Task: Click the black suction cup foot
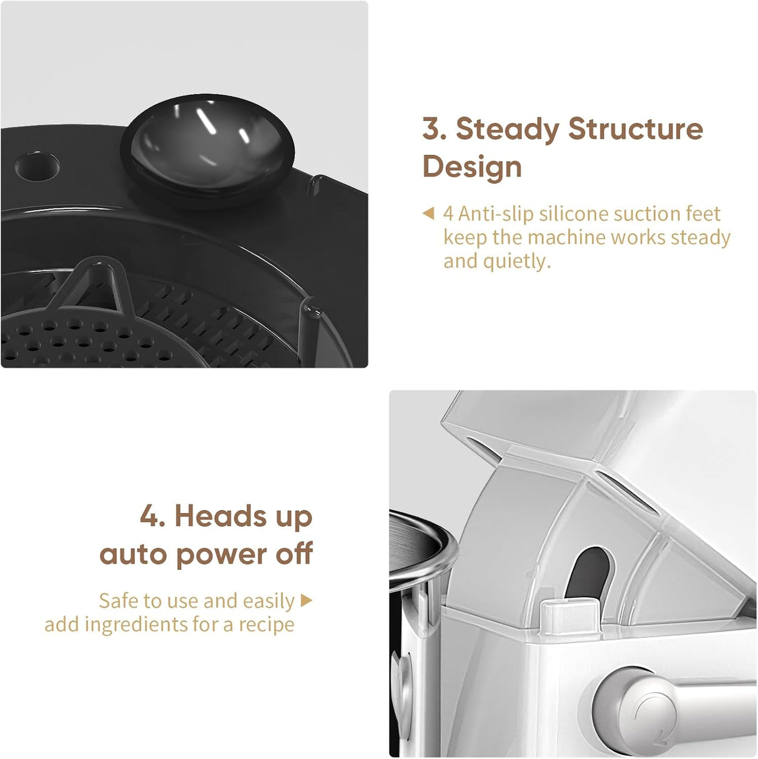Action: [208, 150]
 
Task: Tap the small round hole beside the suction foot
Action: [37, 166]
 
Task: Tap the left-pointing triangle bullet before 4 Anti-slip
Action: [428, 213]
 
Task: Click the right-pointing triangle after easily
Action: [307, 600]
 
